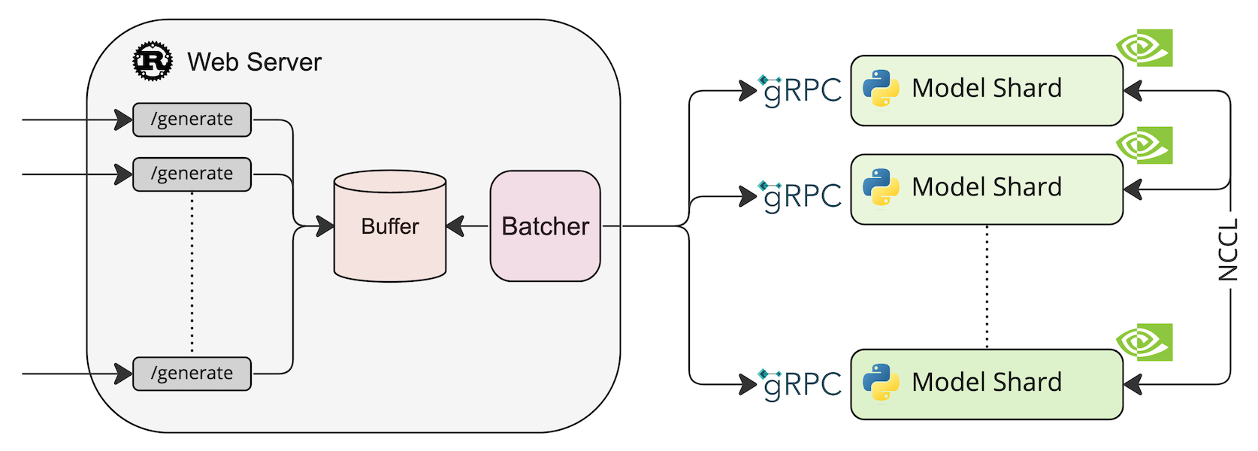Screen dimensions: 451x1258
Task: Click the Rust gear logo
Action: (x=153, y=61)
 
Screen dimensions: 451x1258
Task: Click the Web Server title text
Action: (x=254, y=62)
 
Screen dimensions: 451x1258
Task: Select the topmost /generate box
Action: (x=192, y=120)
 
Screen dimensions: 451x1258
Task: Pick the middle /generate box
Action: (x=192, y=174)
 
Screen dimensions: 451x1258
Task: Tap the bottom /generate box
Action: (x=192, y=374)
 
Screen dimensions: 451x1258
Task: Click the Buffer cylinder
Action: (x=390, y=226)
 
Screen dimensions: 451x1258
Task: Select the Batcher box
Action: (x=545, y=226)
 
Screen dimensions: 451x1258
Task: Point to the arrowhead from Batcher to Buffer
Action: (x=455, y=225)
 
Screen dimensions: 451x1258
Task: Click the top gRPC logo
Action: (x=800, y=90)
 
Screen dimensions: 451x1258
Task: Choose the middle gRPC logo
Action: (x=800, y=196)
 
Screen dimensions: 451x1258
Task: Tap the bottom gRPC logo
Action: (x=800, y=384)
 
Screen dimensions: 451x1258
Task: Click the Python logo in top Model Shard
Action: (x=881, y=89)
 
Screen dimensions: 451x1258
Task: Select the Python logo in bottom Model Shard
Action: (x=881, y=383)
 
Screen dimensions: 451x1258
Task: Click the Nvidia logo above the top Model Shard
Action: (x=1144, y=48)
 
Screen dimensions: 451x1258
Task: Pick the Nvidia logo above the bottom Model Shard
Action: (x=1144, y=342)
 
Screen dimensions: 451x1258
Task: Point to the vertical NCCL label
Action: (x=1228, y=250)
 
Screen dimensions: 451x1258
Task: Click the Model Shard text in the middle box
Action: (x=987, y=187)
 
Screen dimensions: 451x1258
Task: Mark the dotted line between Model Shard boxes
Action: (x=987, y=286)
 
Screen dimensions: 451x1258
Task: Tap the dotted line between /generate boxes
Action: (x=192, y=274)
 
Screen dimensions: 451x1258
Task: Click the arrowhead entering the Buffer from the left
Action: (x=325, y=225)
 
